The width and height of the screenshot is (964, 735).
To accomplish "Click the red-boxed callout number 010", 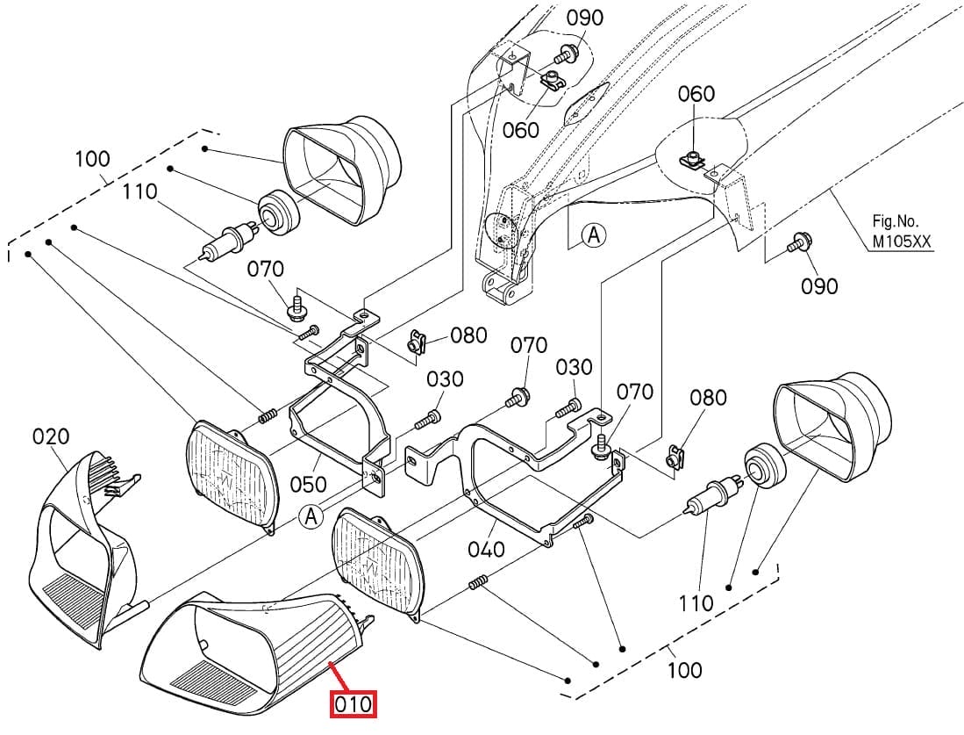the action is point(353,704).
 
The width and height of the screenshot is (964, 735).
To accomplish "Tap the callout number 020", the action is point(51,437).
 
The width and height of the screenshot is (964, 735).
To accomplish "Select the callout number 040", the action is point(486,549).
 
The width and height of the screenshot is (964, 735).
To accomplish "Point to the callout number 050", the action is point(308,484).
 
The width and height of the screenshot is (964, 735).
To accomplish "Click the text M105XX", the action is point(902,241).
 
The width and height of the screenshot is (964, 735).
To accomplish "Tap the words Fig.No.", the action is point(895,221).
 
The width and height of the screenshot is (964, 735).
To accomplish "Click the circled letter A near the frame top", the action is point(594,235).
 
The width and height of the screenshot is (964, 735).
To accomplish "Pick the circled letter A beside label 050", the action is point(311,515).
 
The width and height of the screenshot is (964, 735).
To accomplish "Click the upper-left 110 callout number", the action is point(139,191).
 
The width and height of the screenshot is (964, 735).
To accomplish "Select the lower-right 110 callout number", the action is point(696,603).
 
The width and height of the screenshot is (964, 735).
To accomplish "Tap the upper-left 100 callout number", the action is point(92,159).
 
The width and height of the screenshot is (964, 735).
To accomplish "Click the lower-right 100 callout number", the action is point(684,670).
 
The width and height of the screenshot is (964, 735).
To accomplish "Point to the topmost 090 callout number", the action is point(585,18).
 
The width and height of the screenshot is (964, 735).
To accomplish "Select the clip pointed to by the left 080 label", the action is point(417,342).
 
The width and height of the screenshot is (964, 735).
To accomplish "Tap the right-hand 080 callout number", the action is point(708,398).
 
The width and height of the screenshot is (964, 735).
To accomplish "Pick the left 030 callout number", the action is point(445,379).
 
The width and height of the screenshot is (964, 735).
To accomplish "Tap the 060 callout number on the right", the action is point(696,94).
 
